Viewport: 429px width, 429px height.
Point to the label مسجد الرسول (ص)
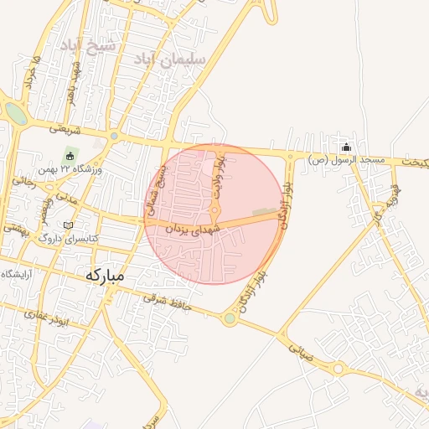pos(346,159)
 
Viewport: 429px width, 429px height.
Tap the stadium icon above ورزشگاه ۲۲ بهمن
pos(70,156)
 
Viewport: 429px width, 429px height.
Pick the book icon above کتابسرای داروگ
pos(69,225)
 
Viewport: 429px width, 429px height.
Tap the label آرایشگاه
pos(18,274)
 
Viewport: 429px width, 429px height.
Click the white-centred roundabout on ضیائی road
pos(339,369)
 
